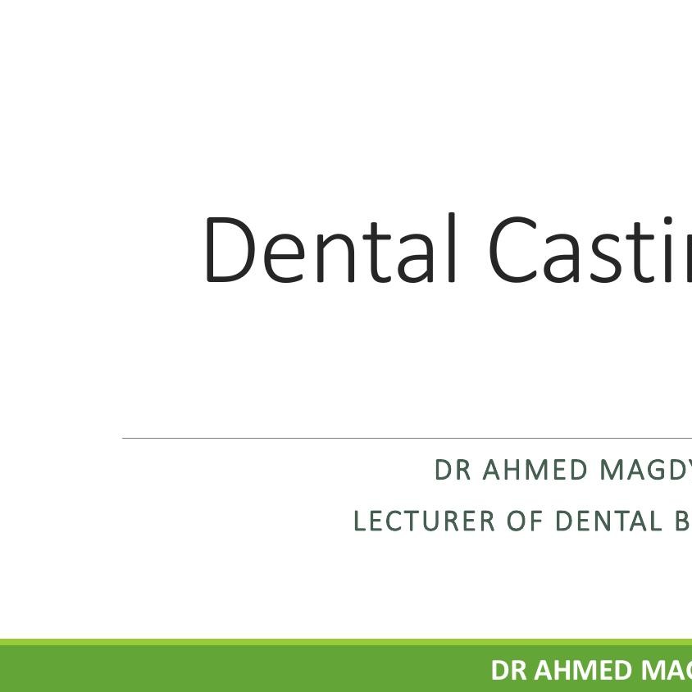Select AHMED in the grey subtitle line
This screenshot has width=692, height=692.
tap(535, 471)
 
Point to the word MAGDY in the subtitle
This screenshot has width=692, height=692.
tap(646, 471)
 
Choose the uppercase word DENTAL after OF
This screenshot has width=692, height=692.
tap(609, 521)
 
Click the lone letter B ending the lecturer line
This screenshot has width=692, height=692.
tap(683, 521)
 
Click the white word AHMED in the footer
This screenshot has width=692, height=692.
tap(585, 670)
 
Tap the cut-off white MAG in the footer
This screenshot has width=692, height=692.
tap(667, 670)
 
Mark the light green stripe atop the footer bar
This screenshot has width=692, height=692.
tap(328, 642)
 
